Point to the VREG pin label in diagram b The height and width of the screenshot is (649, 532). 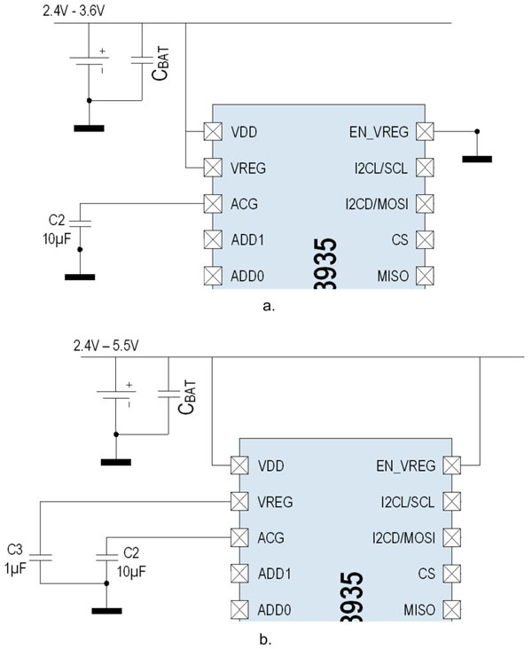pos(275,502)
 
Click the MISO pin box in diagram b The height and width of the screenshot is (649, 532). pos(452,609)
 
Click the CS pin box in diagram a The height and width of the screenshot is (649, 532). pos(426,239)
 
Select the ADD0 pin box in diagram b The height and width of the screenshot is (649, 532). pos(239,609)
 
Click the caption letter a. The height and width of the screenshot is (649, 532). pos(270,307)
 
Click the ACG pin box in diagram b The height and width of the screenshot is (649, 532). pos(239,537)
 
